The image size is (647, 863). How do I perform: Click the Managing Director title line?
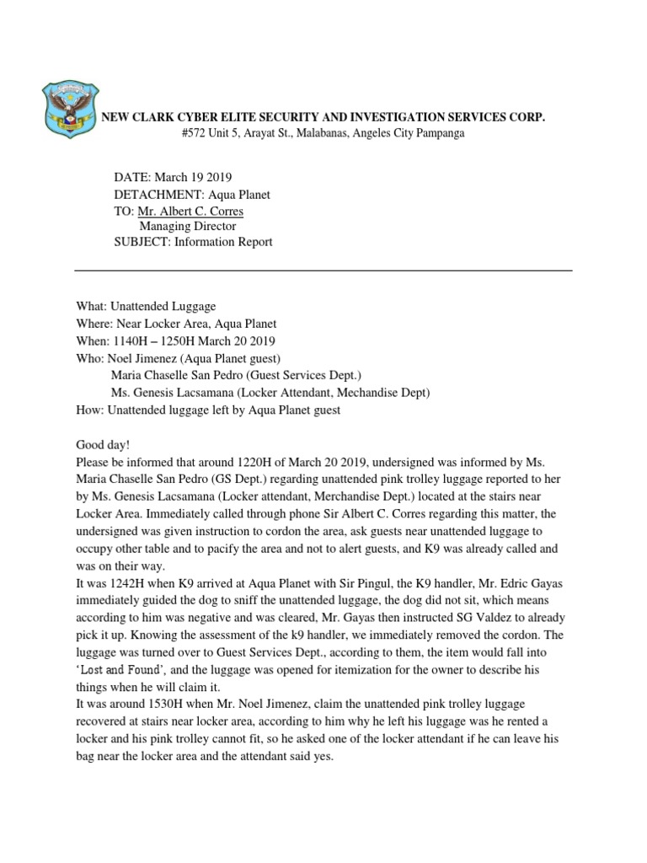pos(187,227)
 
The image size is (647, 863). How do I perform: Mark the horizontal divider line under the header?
pos(323,271)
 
